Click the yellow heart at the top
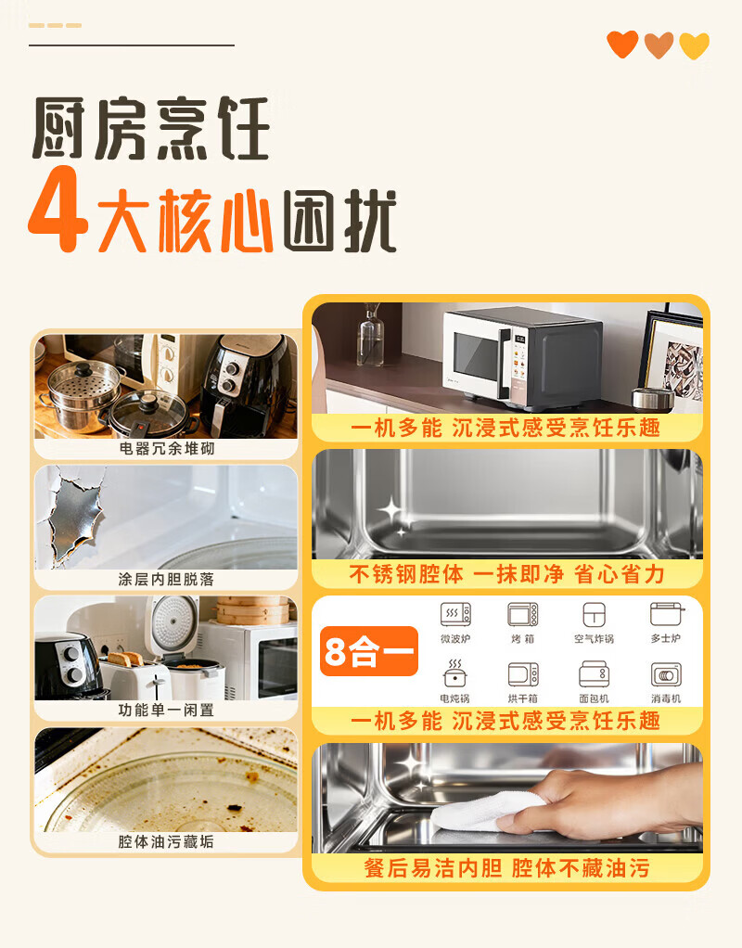[x=694, y=45]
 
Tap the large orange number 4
[x=58, y=210]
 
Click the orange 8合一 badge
[x=369, y=651]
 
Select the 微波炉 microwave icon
[x=455, y=614]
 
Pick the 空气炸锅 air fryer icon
[x=594, y=614]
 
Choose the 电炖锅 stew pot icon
[x=454, y=673]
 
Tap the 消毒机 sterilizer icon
[x=666, y=674]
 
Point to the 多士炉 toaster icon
[x=667, y=614]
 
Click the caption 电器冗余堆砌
[x=166, y=449]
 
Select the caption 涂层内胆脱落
[x=166, y=579]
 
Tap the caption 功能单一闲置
[x=166, y=710]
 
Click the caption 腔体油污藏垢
[x=166, y=841]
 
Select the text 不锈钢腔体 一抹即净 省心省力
[x=506, y=574]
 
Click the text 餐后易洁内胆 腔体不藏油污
[x=506, y=868]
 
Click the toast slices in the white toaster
[x=126, y=659]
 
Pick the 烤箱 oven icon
[x=523, y=614]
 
